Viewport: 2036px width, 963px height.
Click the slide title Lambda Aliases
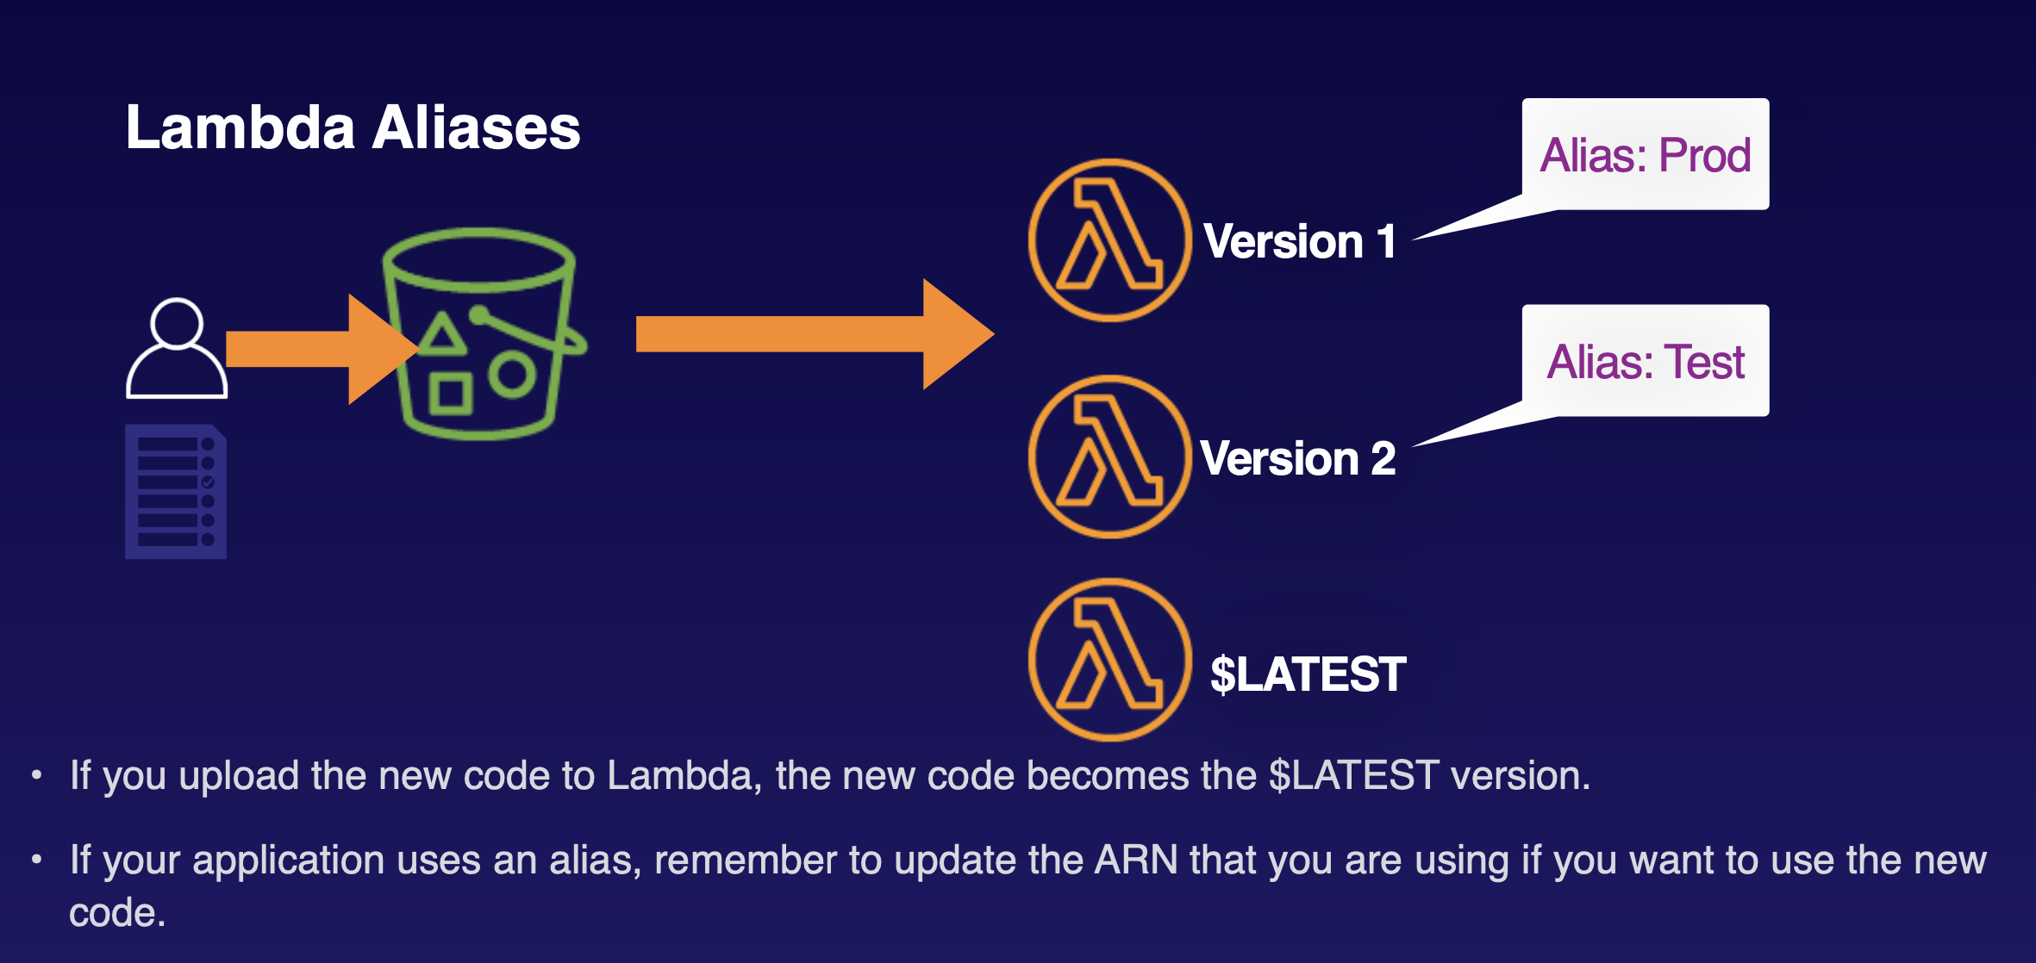point(353,127)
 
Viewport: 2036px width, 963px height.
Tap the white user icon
point(177,349)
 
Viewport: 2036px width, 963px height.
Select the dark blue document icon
point(176,492)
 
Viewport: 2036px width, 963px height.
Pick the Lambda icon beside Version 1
point(1110,240)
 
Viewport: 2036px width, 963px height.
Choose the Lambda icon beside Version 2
point(1110,457)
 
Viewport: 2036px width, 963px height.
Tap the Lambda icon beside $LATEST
point(1110,660)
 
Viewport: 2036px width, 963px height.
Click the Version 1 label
point(1299,241)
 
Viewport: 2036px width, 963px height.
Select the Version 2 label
point(1297,458)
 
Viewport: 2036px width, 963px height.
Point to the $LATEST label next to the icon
point(1308,674)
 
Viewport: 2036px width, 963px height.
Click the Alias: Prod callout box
point(1645,155)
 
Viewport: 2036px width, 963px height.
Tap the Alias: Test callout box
point(1645,362)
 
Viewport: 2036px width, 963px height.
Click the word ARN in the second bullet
point(1135,860)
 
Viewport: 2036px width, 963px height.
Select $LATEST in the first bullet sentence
point(1353,775)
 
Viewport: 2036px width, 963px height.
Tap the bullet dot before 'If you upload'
point(36,775)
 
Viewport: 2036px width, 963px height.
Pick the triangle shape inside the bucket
point(443,334)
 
